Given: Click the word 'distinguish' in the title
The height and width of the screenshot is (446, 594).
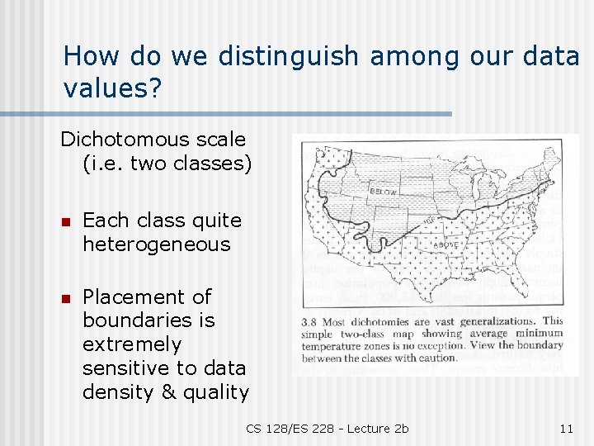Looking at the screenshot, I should click(288, 56).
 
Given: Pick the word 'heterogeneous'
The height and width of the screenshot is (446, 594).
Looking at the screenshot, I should click(157, 244).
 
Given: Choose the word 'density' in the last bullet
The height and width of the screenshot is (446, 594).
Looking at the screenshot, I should click(119, 391).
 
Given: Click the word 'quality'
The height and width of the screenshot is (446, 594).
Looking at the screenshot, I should click(217, 391).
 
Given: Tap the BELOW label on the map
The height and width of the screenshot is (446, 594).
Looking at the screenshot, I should click(384, 192).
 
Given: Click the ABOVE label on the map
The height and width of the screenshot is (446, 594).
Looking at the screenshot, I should click(446, 244).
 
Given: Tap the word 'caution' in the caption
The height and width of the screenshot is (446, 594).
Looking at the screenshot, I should click(436, 358).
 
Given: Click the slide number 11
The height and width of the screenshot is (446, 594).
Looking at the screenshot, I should click(566, 428).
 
